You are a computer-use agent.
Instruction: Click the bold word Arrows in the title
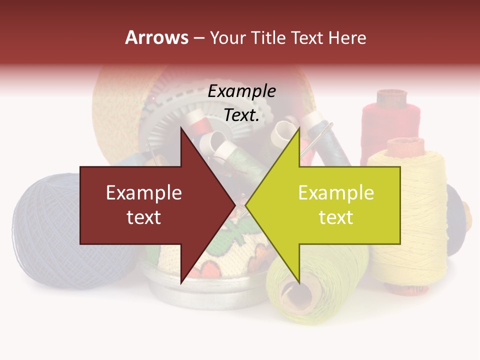156,37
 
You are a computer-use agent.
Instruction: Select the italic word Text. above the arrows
241,115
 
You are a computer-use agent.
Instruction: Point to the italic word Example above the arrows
241,91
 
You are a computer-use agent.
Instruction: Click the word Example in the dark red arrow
144,193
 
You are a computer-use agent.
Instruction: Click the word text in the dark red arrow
144,217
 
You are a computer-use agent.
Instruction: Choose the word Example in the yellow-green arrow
336,193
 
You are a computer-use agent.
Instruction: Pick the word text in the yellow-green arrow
336,217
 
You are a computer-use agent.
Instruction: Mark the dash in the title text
198,38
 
